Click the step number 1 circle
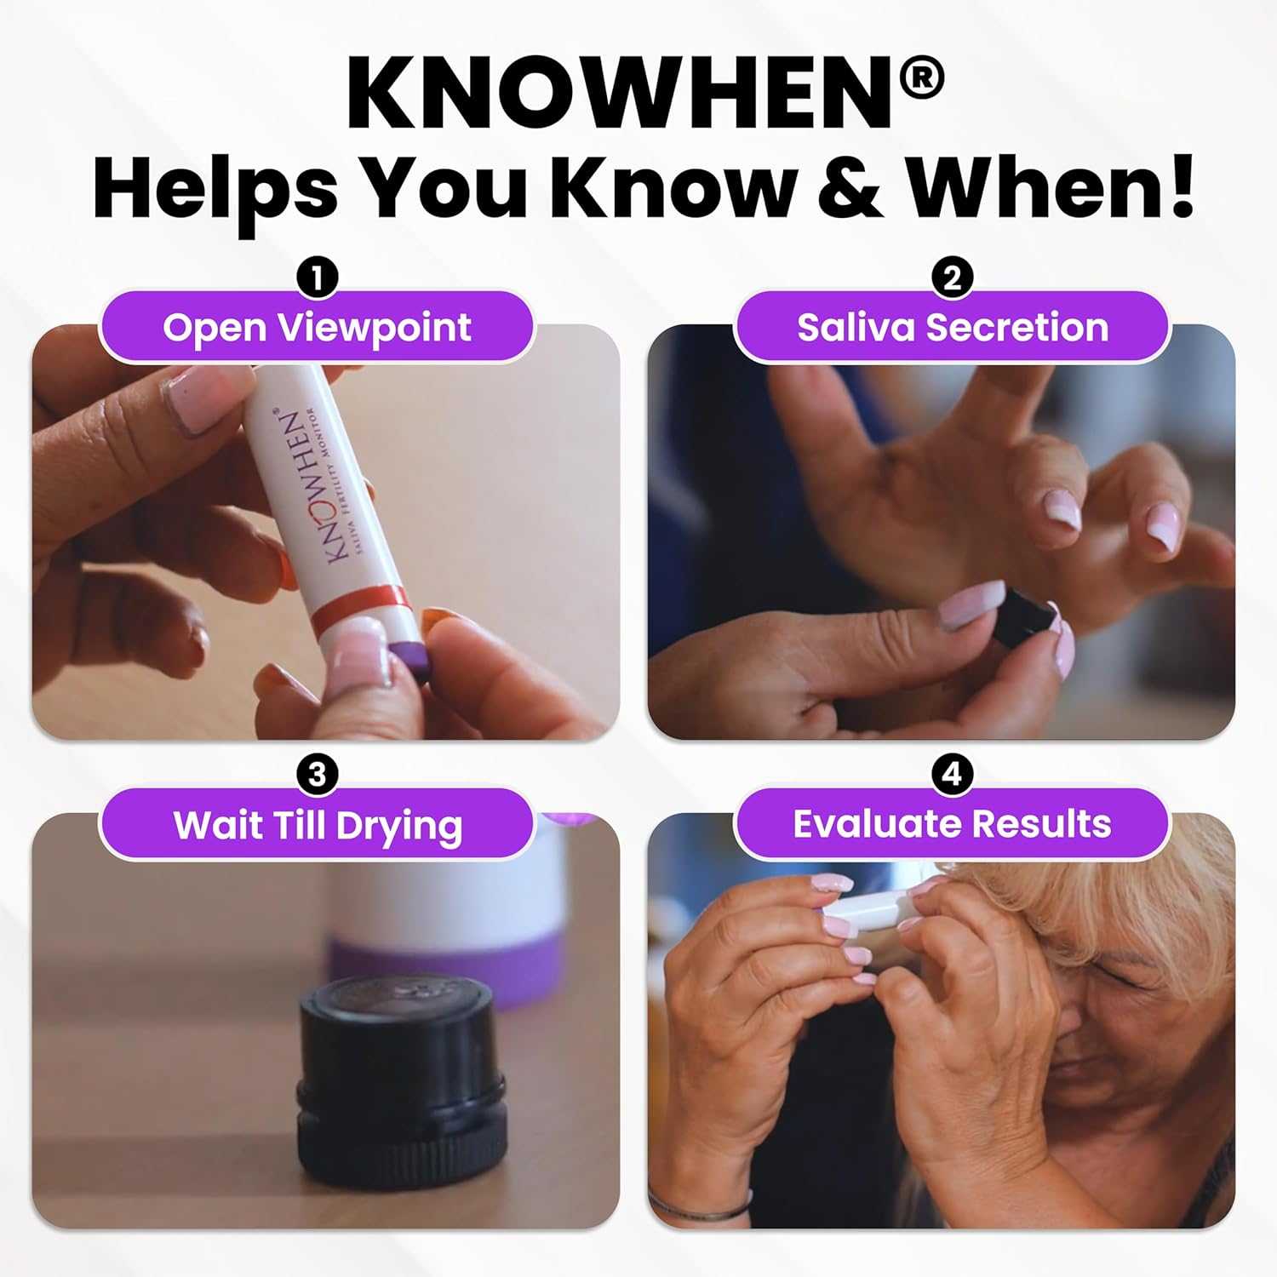[317, 278]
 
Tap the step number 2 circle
[952, 278]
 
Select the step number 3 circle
[317, 775]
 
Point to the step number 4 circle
[952, 775]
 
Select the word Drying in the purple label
[399, 827]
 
